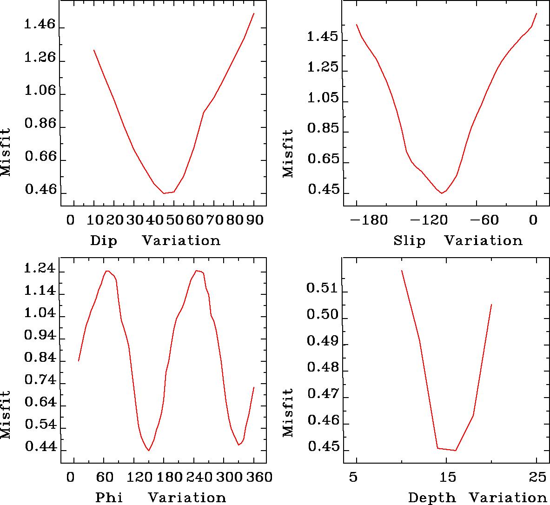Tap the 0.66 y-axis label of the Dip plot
point(40,157)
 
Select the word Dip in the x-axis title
point(103,241)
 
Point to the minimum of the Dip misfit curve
point(164,193)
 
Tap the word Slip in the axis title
point(409,241)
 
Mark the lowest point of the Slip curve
point(442,193)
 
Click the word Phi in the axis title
point(109,498)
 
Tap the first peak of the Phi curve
point(107,271)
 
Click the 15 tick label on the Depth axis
point(446,477)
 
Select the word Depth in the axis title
point(432,498)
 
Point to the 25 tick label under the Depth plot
point(536,477)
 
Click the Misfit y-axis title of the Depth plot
point(288,412)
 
